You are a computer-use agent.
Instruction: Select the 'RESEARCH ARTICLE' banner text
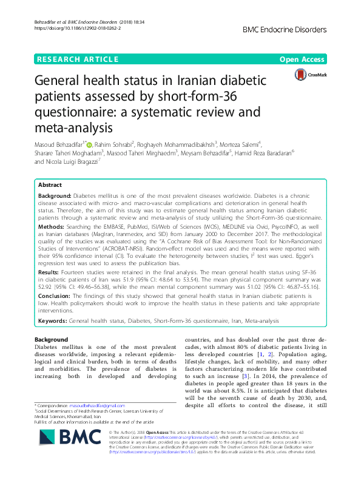[78, 59]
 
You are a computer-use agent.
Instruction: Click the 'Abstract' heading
[50, 184]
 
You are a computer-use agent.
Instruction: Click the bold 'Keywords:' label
[53, 320]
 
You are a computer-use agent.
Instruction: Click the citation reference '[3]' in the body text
[241, 377]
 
